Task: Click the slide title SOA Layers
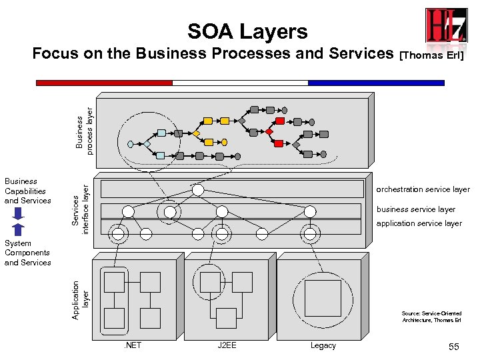click(247, 31)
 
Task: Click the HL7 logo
click(446, 26)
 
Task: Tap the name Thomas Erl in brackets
click(431, 55)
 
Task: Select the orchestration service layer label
click(423, 190)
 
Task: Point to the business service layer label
click(416, 209)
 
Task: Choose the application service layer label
click(419, 223)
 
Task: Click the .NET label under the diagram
click(132, 345)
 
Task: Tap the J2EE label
click(227, 345)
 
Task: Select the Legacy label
click(323, 345)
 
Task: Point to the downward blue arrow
click(19, 213)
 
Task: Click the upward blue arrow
click(19, 229)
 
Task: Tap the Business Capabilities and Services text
click(27, 191)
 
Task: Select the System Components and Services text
click(27, 253)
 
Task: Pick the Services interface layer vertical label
click(81, 205)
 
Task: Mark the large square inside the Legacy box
click(323, 297)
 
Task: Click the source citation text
click(431, 317)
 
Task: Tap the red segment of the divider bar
click(104, 83)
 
